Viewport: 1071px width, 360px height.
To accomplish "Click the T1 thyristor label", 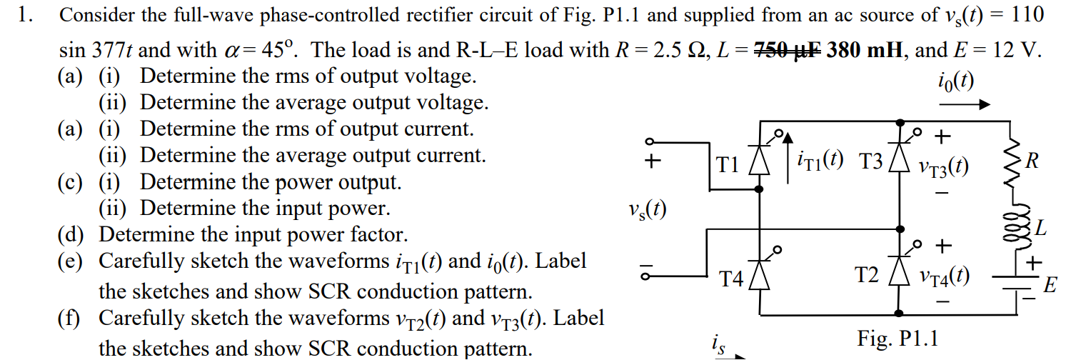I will [728, 165].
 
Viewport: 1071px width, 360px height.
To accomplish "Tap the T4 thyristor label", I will [732, 278].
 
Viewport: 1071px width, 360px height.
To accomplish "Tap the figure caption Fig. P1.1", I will [897, 338].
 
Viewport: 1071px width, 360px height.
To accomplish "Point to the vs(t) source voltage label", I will [648, 211].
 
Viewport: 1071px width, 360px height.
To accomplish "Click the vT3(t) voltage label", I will [944, 166].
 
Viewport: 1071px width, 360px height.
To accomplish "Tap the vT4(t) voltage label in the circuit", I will [944, 275].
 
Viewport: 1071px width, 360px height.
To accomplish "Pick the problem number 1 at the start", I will [25, 15].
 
